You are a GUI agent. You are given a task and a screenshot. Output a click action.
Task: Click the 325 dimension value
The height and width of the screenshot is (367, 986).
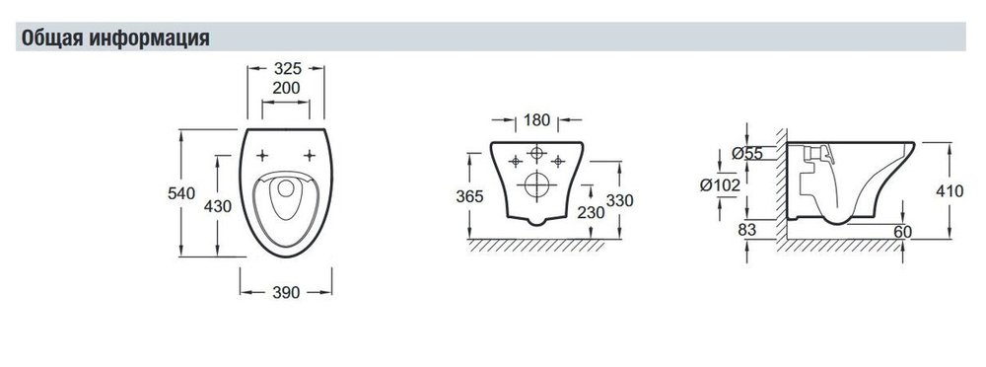(x=286, y=68)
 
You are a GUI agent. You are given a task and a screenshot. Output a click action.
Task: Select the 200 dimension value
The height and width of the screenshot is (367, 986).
(x=286, y=88)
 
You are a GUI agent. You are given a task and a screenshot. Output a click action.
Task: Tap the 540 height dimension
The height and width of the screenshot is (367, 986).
(x=181, y=193)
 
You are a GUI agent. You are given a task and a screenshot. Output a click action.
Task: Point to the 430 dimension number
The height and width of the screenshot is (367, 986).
(x=218, y=206)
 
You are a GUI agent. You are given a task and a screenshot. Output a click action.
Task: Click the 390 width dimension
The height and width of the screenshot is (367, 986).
(x=286, y=292)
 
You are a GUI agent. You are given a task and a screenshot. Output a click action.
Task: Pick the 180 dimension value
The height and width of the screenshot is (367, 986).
(x=536, y=119)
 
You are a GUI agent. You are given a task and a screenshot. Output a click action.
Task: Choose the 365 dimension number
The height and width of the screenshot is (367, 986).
(x=469, y=196)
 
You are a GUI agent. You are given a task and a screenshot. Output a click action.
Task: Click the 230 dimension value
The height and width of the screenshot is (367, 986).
(x=591, y=213)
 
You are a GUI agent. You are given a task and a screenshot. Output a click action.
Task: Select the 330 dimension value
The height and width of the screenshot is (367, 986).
(x=619, y=201)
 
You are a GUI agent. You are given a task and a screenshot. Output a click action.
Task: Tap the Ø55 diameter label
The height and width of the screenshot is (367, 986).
(x=747, y=153)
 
